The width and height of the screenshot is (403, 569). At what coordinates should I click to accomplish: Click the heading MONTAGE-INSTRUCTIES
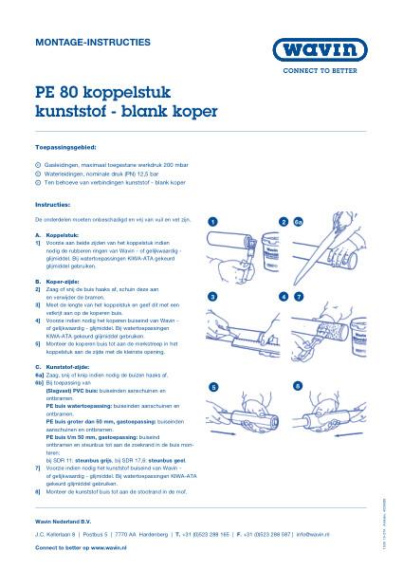(79, 43)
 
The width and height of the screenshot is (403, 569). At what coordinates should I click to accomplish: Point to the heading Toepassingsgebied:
(64, 150)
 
